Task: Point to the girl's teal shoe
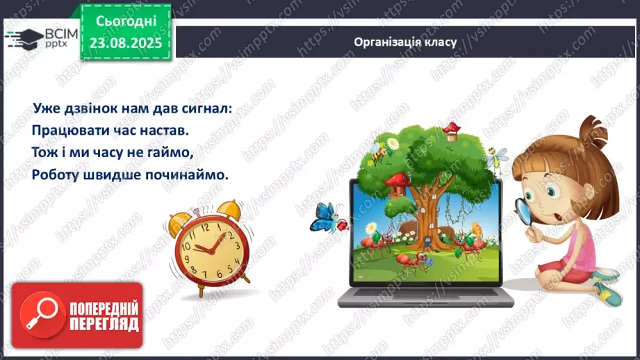[x=606, y=292]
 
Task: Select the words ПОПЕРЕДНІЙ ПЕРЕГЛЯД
[x=104, y=317]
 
